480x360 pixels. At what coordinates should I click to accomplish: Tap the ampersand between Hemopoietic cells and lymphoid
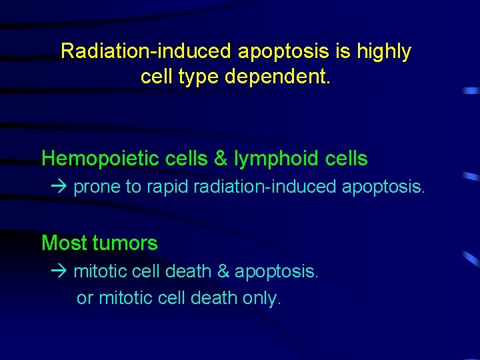pos(220,159)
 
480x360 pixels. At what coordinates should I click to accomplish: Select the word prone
pos(97,188)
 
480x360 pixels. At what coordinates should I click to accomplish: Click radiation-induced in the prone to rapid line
pos(266,187)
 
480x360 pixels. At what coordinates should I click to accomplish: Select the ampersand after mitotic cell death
pos(222,272)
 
